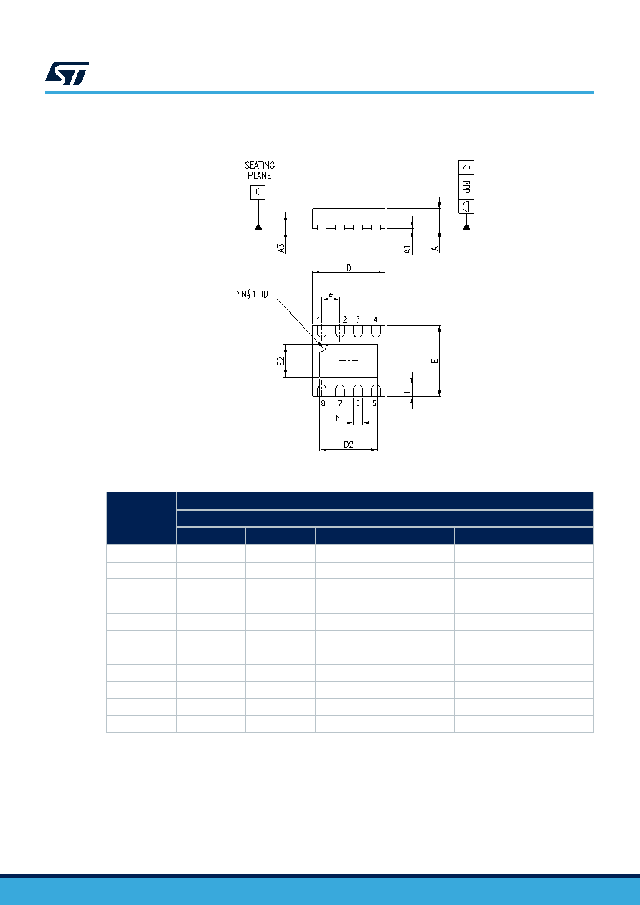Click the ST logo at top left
tap(67, 73)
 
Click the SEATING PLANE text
tap(260, 170)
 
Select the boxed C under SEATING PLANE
tap(258, 192)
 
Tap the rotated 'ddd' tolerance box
tap(466, 187)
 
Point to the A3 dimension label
tap(281, 248)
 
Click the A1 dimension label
tap(408, 250)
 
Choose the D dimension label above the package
tap(349, 268)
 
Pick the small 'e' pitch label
tap(331, 295)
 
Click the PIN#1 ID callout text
tap(250, 294)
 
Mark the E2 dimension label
tap(281, 361)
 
